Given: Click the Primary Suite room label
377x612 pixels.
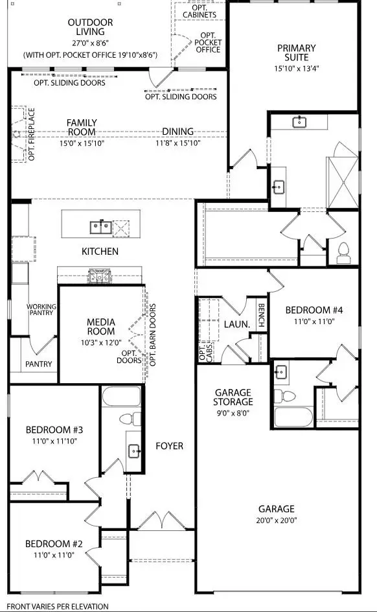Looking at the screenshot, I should (296, 48).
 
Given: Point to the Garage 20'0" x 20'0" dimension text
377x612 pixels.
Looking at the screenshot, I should (277, 520).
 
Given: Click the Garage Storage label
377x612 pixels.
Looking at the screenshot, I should (233, 397).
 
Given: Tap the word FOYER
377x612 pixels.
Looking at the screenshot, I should (170, 446).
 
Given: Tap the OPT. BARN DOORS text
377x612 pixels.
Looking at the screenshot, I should (154, 335).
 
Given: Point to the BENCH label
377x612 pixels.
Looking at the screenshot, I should (261, 316).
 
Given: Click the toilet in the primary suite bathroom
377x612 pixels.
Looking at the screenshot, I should (343, 250).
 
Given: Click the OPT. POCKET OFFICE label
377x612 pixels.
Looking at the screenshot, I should (208, 43).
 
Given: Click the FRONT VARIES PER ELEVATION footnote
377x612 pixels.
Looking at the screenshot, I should (58, 606).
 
